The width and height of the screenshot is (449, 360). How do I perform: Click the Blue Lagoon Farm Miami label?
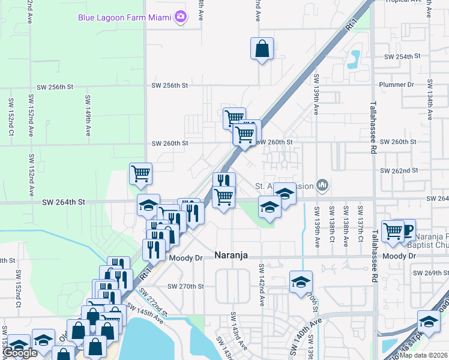click(124, 17)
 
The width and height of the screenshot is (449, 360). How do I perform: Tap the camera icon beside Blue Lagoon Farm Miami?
click(180, 17)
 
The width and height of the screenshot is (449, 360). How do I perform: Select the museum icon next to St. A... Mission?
click(322, 185)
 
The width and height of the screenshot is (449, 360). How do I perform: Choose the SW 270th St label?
click(186, 287)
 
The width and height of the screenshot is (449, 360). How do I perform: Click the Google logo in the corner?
click(20, 353)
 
